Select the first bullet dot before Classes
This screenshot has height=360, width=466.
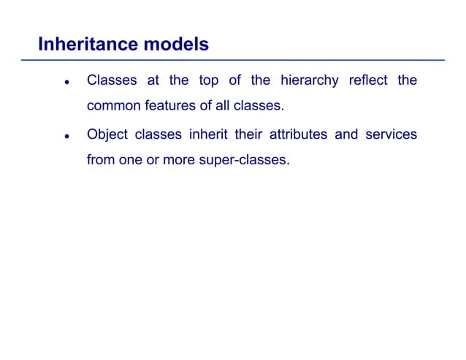click(x=66, y=83)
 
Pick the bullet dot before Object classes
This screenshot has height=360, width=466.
click(x=66, y=137)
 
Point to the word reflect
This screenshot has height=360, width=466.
click(x=367, y=80)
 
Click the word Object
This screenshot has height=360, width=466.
click(x=107, y=134)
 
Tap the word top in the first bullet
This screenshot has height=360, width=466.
click(x=208, y=80)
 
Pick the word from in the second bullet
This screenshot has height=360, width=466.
click(x=101, y=159)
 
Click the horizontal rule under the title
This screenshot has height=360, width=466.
click(x=241, y=60)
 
